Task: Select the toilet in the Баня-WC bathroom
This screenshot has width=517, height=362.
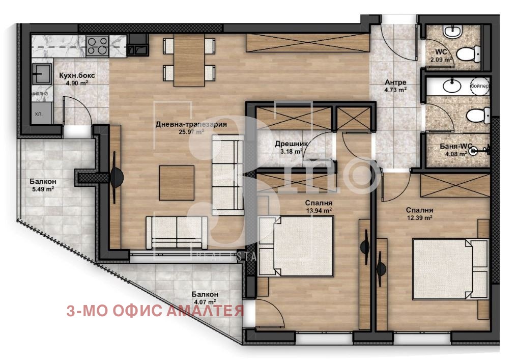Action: pos(476,115)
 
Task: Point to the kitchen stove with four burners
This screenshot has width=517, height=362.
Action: pos(98,46)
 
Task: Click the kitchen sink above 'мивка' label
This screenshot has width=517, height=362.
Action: pos(42,74)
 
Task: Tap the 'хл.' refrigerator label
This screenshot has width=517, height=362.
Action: pos(39,115)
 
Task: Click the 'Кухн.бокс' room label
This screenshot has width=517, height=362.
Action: pos(76,76)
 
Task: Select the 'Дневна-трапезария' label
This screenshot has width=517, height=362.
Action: pos(183,124)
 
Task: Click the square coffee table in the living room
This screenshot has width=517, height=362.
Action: pos(177,183)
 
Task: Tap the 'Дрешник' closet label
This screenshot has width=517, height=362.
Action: pos(289,144)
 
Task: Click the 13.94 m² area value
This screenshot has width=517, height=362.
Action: pos(319,210)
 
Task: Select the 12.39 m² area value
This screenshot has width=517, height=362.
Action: pos(419,217)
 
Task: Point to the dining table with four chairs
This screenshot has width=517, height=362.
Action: pos(189,60)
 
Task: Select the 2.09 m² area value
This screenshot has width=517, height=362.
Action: pos(441,60)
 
